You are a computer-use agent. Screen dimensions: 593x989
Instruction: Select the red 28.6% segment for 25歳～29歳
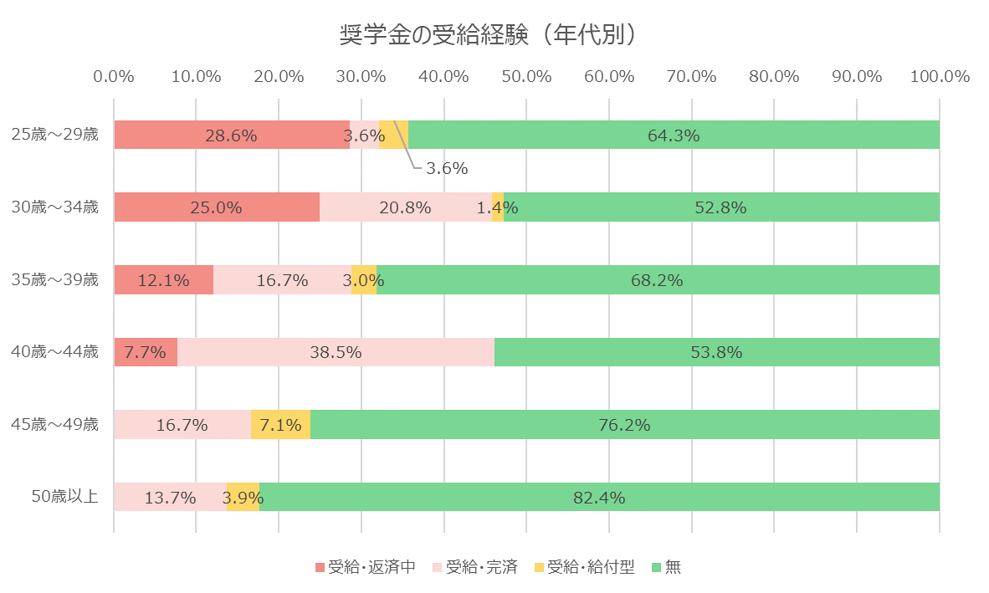tap(232, 135)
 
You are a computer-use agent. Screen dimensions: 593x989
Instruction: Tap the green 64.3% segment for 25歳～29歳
tap(674, 135)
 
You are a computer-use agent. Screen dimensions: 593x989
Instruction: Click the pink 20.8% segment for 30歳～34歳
tap(405, 207)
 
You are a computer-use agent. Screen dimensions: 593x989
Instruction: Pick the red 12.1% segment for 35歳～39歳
tap(163, 280)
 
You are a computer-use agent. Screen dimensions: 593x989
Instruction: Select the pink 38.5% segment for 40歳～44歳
tap(336, 352)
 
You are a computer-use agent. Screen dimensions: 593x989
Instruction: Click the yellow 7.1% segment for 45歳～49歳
tap(280, 425)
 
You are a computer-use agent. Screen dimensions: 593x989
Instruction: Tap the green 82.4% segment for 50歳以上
tap(599, 498)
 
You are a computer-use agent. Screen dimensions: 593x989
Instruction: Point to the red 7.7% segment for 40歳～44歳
tap(146, 352)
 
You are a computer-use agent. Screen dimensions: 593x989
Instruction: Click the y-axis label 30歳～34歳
tap(54, 207)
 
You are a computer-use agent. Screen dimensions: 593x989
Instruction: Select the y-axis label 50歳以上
tap(65, 498)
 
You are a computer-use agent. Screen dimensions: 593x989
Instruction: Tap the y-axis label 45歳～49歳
tap(54, 425)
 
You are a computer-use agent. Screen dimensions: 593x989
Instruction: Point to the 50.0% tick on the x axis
tap(526, 77)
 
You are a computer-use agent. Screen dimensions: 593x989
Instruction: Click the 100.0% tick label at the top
tap(939, 77)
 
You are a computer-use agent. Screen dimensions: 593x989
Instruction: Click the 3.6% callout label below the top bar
tap(446, 168)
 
